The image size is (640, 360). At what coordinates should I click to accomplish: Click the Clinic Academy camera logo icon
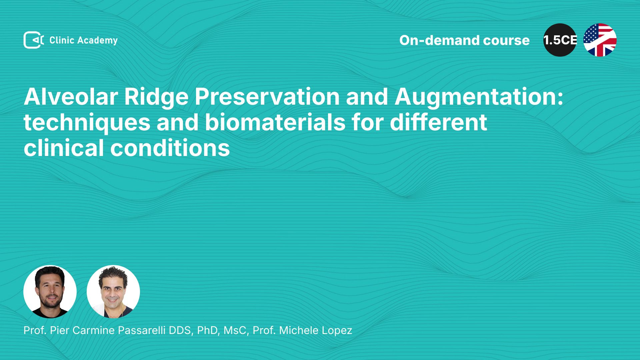pyautogui.click(x=34, y=40)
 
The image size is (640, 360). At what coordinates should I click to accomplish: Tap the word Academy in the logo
pyautogui.click(x=97, y=41)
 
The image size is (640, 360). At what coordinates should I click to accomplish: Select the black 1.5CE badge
pyautogui.click(x=560, y=40)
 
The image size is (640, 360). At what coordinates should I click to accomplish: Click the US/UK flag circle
pyautogui.click(x=600, y=40)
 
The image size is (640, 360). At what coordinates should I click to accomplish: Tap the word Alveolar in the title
pyautogui.click(x=71, y=97)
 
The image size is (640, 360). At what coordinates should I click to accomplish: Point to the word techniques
pyautogui.click(x=87, y=123)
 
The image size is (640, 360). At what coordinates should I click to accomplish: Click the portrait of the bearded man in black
pyautogui.click(x=50, y=292)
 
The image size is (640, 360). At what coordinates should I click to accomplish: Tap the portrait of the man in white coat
pyautogui.click(x=113, y=292)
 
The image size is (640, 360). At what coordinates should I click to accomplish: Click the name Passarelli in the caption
pyautogui.click(x=142, y=330)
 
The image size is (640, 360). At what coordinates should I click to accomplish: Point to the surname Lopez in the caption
pyautogui.click(x=336, y=331)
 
